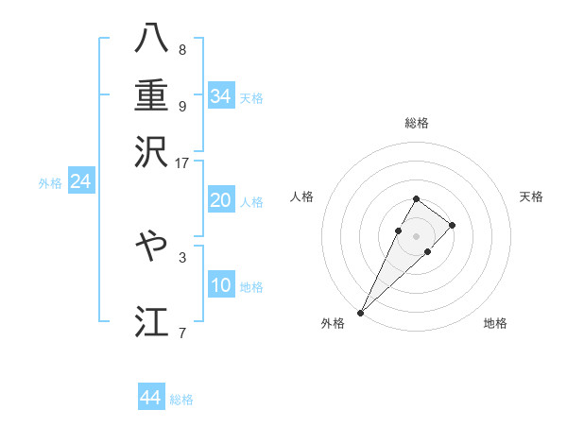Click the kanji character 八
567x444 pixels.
point(151,39)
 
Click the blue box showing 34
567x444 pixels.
point(221,96)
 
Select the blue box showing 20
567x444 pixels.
point(221,200)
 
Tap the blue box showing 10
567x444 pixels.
point(221,285)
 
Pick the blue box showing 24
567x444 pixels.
point(80,181)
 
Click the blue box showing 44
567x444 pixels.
point(151,398)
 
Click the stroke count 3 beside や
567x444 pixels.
point(182,256)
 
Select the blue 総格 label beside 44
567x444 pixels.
point(181,400)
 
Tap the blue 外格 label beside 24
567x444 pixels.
point(50,183)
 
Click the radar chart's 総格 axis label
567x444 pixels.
point(417,124)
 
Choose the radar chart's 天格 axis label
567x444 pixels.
point(532,196)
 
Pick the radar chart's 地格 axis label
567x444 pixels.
point(495,324)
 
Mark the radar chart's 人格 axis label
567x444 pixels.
point(302,196)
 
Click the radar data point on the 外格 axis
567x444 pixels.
point(360,312)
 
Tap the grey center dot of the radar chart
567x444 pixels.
point(417,236)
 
